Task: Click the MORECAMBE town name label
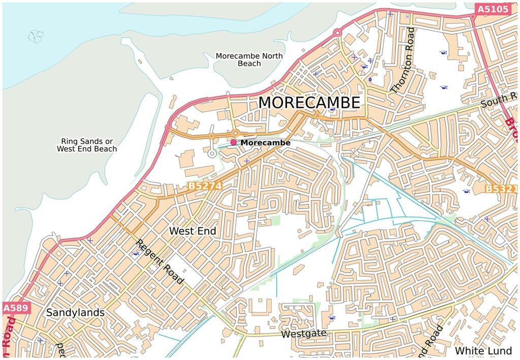click(309, 103)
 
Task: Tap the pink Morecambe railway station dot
click(234, 143)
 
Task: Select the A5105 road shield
click(492, 10)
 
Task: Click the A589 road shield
click(16, 308)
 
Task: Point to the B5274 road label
click(205, 186)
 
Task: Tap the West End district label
click(192, 231)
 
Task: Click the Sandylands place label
click(75, 313)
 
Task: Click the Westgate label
click(303, 335)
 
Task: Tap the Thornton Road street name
click(403, 60)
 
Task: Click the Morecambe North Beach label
click(249, 59)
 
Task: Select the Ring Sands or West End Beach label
click(86, 145)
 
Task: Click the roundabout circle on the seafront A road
click(336, 33)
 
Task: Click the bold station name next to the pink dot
click(265, 143)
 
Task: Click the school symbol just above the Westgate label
click(332, 317)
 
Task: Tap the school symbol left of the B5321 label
click(466, 191)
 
